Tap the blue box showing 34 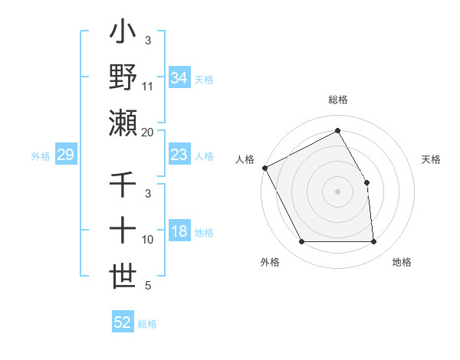[x=179, y=78]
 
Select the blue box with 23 [x=179, y=155]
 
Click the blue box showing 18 [x=179, y=232]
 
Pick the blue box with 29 [x=65, y=155]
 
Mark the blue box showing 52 [x=123, y=322]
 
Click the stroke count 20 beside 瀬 [x=148, y=132]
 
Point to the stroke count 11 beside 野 [x=148, y=87]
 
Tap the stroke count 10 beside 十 [x=148, y=240]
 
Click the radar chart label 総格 [x=337, y=100]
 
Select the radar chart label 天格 [x=431, y=159]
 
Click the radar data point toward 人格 [x=264, y=168]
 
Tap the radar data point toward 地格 [x=373, y=242]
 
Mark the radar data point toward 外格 [x=301, y=242]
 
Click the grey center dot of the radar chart [x=337, y=191]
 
